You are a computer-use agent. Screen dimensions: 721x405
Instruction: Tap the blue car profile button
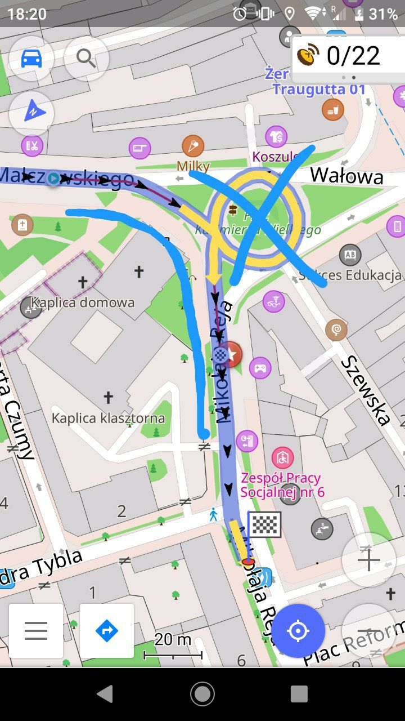[31, 58]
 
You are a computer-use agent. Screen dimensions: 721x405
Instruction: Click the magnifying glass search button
[86, 58]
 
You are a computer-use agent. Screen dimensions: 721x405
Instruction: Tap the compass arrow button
[31, 113]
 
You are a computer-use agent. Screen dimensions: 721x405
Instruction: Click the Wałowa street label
[346, 176]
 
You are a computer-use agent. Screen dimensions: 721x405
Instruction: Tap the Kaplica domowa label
[83, 302]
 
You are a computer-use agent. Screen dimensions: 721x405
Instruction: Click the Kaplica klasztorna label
[108, 419]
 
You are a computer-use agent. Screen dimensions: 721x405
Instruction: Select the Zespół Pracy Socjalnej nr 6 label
[281, 485]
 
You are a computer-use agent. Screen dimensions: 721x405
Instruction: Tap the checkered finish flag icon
[264, 524]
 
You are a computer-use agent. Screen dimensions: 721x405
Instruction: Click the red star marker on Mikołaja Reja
[231, 355]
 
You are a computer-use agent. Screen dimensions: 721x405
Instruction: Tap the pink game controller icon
[260, 368]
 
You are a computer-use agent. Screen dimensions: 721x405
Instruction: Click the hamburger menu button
[36, 631]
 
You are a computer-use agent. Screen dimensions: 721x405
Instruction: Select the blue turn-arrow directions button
[107, 631]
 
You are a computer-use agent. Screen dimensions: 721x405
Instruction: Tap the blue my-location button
[298, 631]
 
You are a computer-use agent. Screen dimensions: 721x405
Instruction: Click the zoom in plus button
[368, 560]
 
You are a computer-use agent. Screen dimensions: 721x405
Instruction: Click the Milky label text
[193, 166]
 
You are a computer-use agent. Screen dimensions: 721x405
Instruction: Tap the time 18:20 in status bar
[27, 14]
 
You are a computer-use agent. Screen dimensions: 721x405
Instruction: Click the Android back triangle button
[105, 694]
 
